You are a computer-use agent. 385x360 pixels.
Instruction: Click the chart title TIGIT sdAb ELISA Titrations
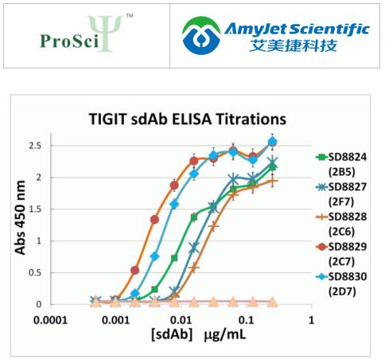186,120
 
